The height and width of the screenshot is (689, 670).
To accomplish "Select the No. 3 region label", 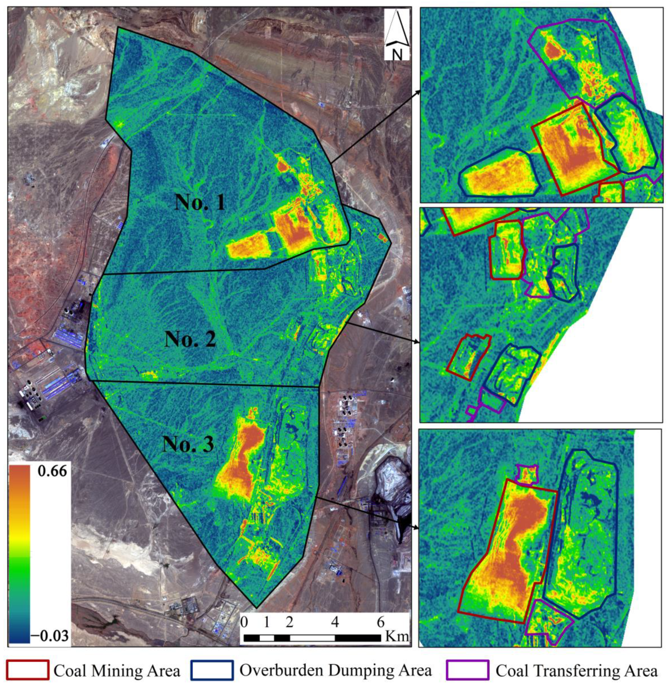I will (188, 444).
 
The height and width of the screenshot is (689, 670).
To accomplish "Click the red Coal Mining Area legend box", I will (27, 670).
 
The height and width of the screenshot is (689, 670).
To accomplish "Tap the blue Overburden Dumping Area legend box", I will (212, 670).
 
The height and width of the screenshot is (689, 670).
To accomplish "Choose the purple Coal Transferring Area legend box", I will (467, 670).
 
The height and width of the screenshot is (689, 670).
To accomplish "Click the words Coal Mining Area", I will (117, 670).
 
